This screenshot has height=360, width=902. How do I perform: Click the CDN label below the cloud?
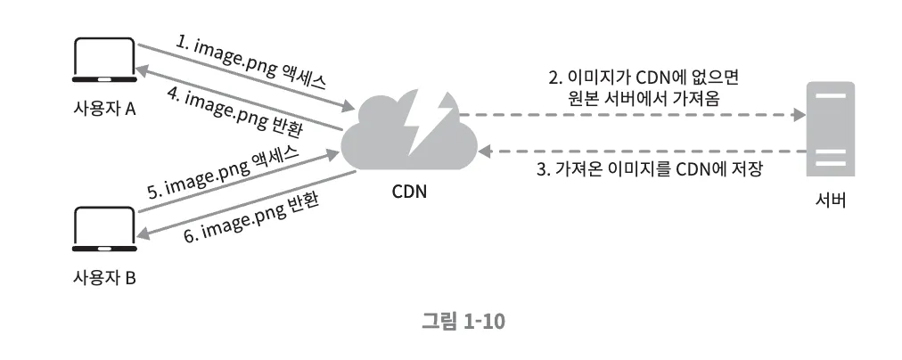pos(409,190)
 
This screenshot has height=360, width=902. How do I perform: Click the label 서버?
pos(830,200)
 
